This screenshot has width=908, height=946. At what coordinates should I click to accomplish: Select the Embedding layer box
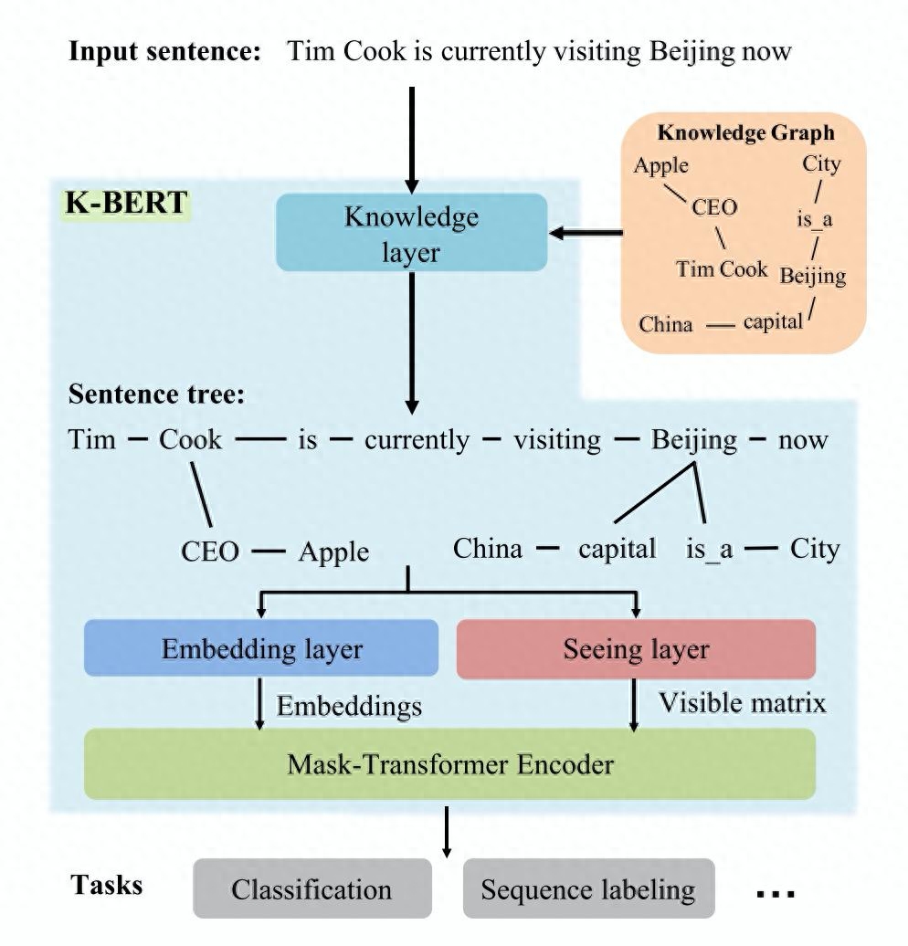[x=261, y=648]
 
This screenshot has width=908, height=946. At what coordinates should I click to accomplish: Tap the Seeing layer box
[x=635, y=648]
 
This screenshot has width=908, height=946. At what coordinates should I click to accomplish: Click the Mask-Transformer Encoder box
[x=449, y=763]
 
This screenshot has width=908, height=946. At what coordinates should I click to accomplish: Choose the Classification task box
[x=311, y=888]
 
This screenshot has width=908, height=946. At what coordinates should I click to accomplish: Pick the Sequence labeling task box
[x=588, y=888]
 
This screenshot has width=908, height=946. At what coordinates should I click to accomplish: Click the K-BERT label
[x=127, y=203]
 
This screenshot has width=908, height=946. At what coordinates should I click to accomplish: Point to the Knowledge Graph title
[x=745, y=132]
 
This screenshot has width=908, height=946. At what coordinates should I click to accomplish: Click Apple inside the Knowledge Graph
[x=661, y=165]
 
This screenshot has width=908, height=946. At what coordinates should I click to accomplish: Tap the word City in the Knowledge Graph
[x=821, y=164]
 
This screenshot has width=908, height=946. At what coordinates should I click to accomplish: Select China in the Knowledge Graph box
[x=665, y=323]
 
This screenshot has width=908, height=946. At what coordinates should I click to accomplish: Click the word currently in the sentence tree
[x=416, y=440]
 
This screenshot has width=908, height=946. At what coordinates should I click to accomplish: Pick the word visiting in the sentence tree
[x=557, y=440]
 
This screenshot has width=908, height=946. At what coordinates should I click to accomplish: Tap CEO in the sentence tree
[x=210, y=552]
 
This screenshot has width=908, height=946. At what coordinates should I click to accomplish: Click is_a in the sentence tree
[x=710, y=549]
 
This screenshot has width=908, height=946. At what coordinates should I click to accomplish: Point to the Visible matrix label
[x=742, y=702]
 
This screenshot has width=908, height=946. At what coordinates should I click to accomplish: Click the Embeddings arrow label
[x=349, y=706]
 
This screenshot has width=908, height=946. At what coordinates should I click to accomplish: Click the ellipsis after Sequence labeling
[x=777, y=892]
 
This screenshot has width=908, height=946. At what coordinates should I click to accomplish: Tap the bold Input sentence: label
[x=165, y=50]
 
